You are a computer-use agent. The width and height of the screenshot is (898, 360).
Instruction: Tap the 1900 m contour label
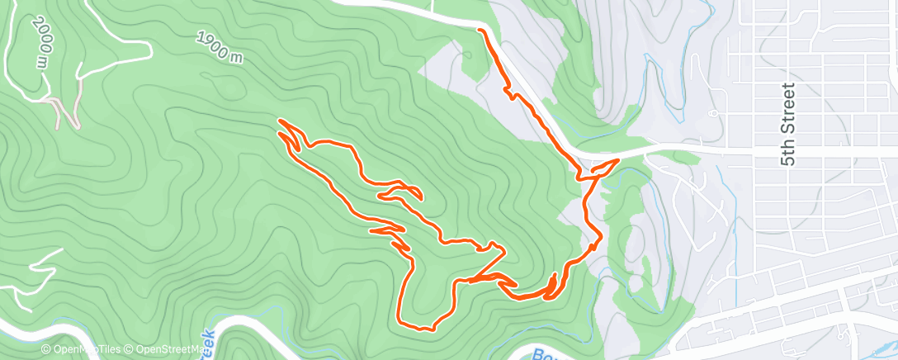[x=220, y=47]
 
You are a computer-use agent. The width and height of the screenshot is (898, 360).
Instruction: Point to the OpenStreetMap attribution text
[x=161, y=350]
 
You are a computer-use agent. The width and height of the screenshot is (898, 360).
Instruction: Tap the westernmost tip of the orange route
[x=281, y=122]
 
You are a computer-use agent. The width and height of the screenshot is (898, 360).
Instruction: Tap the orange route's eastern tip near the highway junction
[x=617, y=159]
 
